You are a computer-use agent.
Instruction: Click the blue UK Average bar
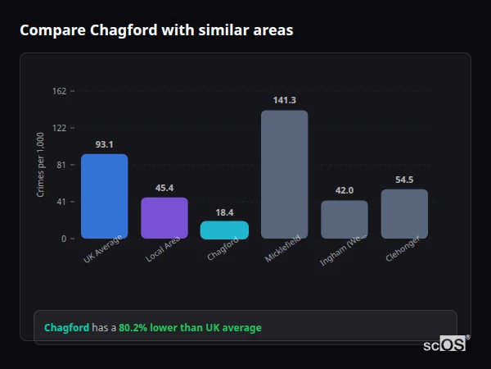[104, 196]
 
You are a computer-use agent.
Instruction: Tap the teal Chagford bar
[224, 230]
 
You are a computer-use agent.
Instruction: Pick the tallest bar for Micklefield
[284, 174]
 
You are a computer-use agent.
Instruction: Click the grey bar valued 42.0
[345, 219]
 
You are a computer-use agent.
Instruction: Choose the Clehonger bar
[404, 213]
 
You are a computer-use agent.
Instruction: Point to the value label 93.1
[104, 144]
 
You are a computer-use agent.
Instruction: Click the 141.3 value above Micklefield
[284, 100]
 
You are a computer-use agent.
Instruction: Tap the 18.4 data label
[224, 212]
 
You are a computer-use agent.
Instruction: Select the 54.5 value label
[404, 180]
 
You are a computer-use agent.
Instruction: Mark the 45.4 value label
[164, 188]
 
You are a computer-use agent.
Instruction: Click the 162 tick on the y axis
[59, 91]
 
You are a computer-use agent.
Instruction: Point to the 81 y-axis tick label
[61, 165]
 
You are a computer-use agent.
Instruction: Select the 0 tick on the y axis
[64, 239]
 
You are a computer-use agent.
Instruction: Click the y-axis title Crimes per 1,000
[41, 165]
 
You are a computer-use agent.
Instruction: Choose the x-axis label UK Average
[103, 249]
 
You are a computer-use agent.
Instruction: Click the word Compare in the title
[47, 30]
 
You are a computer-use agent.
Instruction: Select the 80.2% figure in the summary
[134, 328]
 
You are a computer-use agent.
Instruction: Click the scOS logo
[444, 344]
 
